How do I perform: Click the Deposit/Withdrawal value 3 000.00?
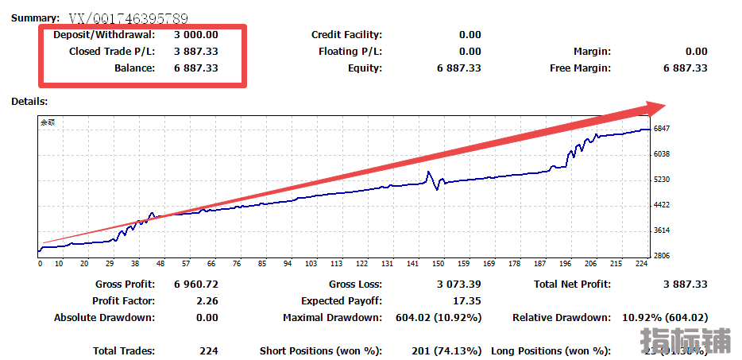195,35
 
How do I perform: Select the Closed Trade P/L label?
112,52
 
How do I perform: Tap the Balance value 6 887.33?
195,68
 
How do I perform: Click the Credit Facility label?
346,35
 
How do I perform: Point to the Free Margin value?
685,68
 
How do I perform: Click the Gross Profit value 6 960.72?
195,285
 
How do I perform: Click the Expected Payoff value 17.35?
468,301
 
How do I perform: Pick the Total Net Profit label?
572,285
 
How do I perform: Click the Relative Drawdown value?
664,318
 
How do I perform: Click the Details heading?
29,102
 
